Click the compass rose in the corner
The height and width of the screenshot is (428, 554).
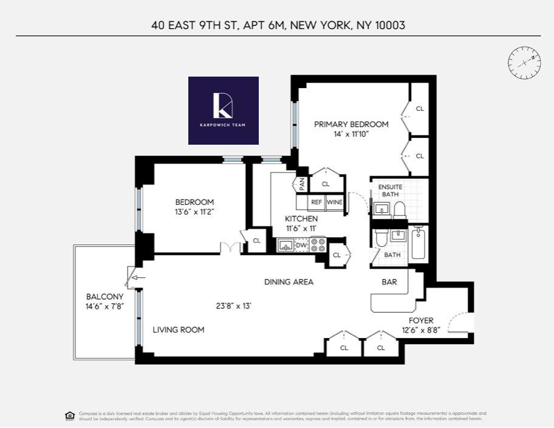tap(524, 60)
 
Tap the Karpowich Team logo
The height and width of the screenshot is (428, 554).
tap(224, 110)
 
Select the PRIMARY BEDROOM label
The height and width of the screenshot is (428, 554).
tap(351, 125)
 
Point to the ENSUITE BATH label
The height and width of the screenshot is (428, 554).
tap(389, 190)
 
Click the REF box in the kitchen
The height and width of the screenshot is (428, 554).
tap(316, 202)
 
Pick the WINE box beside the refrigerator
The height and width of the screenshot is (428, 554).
tap(335, 202)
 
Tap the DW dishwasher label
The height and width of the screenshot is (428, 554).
tap(301, 245)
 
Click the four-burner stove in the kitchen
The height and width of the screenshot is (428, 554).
tap(318, 244)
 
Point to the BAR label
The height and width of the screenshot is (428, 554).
tap(389, 282)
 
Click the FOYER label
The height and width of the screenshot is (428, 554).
tap(421, 320)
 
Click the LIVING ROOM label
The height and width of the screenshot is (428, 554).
tap(178, 330)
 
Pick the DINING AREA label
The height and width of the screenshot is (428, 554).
tap(289, 282)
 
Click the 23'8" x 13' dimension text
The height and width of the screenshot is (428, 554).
tap(233, 306)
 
